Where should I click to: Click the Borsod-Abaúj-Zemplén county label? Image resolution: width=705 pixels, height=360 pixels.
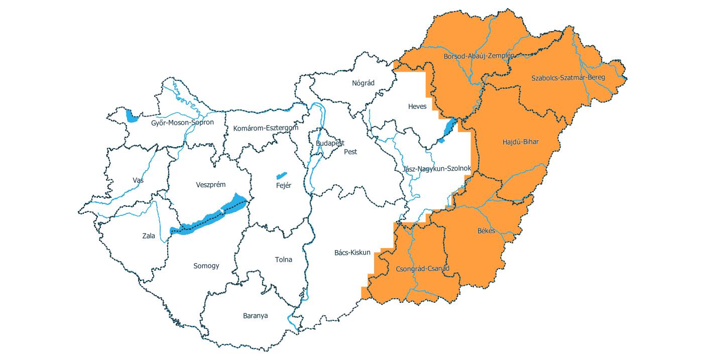[x=479, y=56]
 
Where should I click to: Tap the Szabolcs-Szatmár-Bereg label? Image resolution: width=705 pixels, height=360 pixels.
[x=568, y=78]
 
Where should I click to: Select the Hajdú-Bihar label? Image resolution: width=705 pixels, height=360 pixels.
[x=520, y=142]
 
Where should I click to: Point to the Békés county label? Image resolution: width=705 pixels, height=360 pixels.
[x=486, y=231]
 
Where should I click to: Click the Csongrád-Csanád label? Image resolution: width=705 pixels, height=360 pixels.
[x=422, y=269]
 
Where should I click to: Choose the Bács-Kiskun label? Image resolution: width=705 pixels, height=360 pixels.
[x=352, y=252]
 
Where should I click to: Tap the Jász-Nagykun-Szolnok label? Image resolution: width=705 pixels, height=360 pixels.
[x=436, y=169]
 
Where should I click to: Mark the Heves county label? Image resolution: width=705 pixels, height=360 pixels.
[x=417, y=106]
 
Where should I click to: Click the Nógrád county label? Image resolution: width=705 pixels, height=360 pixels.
[x=363, y=83]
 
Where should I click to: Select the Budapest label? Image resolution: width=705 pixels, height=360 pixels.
[x=330, y=144]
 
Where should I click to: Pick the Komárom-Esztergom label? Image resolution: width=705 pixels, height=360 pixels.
[x=266, y=129]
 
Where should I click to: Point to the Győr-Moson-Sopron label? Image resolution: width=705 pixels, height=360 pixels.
[x=182, y=123]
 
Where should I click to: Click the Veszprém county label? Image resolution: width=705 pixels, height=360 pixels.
[x=210, y=185]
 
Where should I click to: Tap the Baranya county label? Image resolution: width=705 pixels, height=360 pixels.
[x=255, y=316]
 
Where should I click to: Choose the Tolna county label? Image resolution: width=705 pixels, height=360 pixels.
[x=283, y=260]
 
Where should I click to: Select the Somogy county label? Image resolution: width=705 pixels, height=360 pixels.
[x=206, y=266]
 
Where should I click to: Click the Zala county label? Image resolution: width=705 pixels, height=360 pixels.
[x=149, y=236]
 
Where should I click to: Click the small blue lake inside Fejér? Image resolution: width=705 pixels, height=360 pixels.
[x=281, y=176]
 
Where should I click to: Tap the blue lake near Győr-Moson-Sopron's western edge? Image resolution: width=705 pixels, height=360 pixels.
[x=132, y=116]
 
